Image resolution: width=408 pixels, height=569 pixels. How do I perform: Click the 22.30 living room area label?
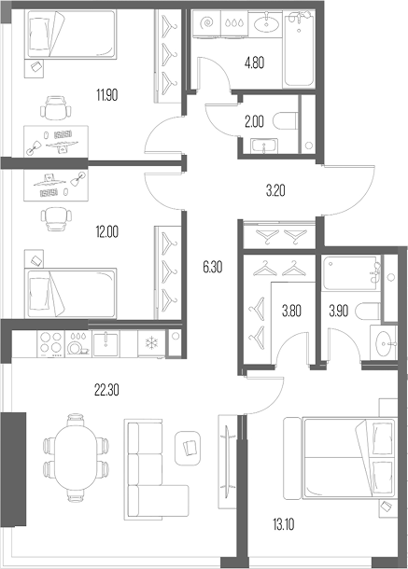click(106, 391)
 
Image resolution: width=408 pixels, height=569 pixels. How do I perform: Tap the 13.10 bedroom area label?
click(284, 524)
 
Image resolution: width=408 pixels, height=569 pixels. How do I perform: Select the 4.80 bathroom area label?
click(254, 62)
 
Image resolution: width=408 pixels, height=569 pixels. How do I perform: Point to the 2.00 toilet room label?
click(254, 122)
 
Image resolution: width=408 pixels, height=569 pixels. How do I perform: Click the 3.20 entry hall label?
click(275, 190)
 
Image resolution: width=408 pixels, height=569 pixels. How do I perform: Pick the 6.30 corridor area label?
click(213, 268)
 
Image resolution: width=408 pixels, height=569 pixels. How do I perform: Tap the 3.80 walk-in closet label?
click(291, 311)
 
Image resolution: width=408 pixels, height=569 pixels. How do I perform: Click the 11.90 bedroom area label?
click(106, 95)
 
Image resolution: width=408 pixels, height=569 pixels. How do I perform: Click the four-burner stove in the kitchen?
click(50, 343)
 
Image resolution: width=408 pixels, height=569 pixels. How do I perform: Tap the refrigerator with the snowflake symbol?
click(151, 343)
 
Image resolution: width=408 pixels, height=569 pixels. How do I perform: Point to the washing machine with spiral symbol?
click(206, 23)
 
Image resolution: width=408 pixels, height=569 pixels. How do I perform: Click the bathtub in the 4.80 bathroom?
click(299, 49)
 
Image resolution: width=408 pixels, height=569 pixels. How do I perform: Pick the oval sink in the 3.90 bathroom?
click(384, 343)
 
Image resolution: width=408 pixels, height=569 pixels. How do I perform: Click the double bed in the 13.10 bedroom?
click(340, 458)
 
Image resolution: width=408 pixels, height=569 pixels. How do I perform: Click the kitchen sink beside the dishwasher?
click(106, 343)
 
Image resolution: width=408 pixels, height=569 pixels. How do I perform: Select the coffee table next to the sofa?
click(188, 448)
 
